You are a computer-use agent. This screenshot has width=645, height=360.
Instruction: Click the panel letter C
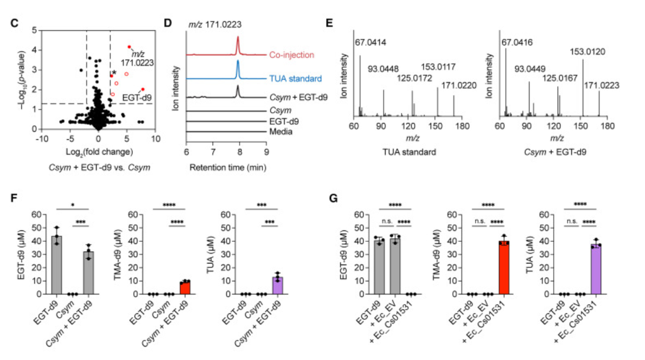tap(15, 24)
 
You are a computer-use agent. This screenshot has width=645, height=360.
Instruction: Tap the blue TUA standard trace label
tap(296, 78)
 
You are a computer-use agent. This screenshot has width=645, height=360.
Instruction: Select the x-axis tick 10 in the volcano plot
tap(156, 138)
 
